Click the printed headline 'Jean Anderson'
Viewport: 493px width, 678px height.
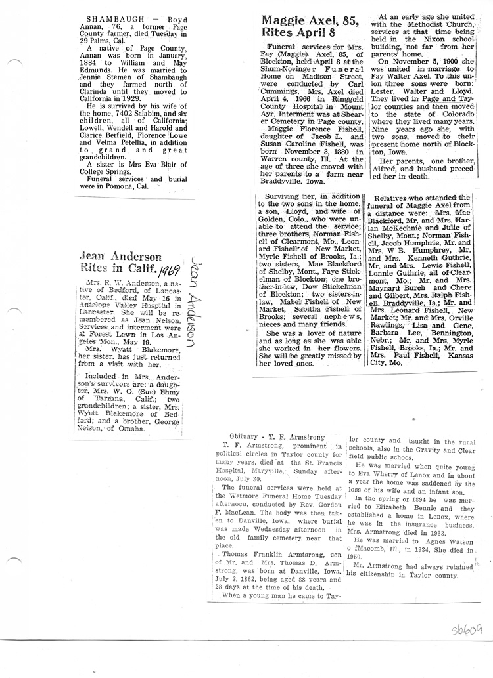(x=120, y=257)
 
